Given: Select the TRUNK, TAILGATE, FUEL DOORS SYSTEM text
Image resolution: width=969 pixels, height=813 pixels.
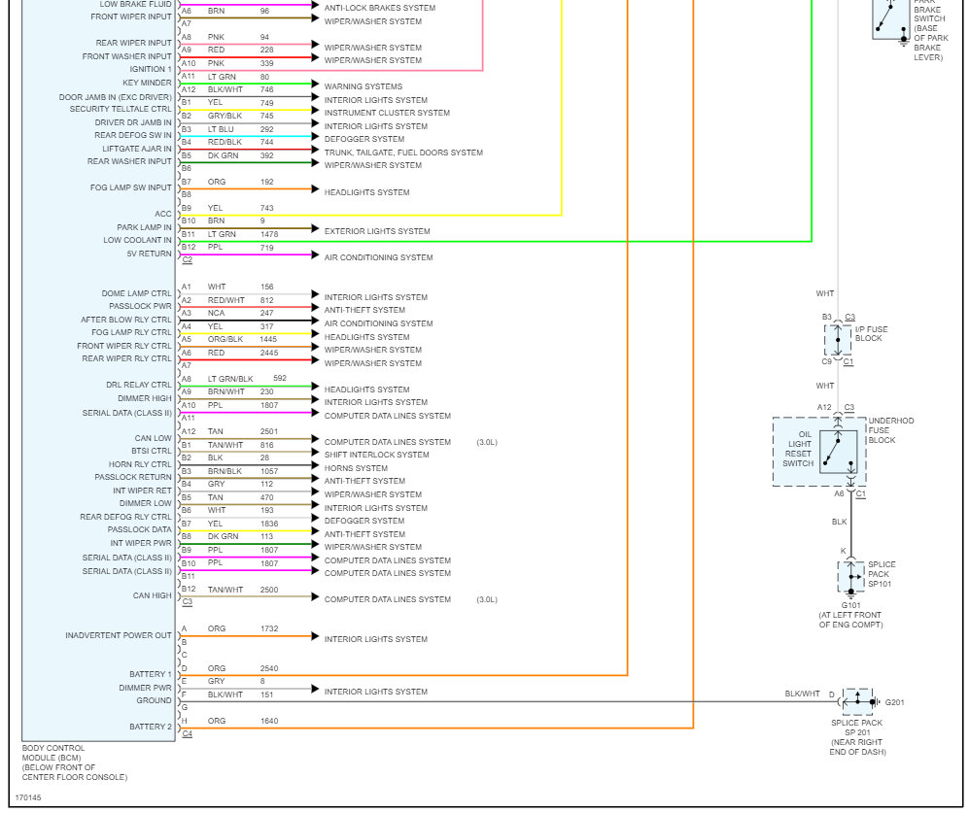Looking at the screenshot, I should (403, 152).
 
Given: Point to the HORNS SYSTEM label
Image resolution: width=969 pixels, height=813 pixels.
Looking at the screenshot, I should (356, 468).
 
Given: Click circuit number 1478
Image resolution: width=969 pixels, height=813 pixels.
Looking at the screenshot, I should (272, 234).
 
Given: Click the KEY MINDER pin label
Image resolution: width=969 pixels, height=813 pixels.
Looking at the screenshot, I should (148, 83).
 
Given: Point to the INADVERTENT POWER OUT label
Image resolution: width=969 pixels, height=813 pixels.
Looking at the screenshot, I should (119, 635).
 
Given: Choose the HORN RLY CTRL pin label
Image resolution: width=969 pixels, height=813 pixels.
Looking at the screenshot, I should (139, 464).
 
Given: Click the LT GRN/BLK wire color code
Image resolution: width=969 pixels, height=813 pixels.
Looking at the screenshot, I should (230, 379).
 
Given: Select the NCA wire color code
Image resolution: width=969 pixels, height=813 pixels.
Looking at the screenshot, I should (216, 313).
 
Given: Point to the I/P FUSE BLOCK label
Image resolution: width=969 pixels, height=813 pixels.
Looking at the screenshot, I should (870, 334).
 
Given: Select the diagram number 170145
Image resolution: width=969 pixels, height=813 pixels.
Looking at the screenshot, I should (29, 797).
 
